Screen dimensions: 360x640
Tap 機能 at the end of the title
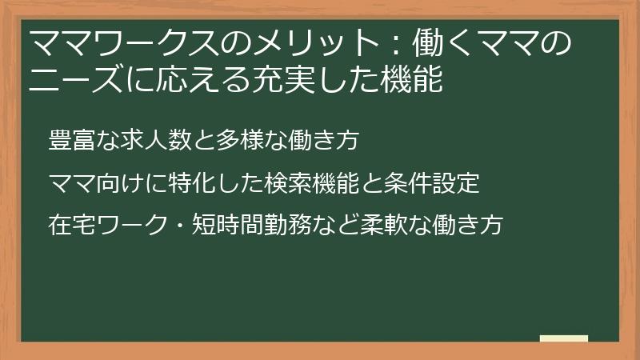[414, 81]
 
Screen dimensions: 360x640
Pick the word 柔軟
[382, 225]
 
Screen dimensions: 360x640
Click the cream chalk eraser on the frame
[564, 338]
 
